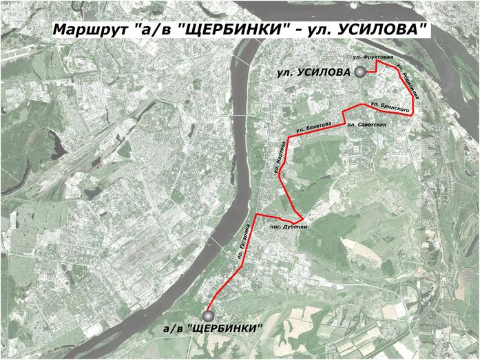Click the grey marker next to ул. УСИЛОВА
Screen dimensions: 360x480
tap(359, 72)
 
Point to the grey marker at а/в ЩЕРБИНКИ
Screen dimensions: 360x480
tap(209, 315)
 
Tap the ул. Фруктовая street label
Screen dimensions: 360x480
tap(372, 56)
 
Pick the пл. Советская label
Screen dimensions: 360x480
tap(366, 125)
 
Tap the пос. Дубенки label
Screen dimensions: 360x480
tap(288, 226)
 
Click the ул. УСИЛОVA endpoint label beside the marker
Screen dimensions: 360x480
tap(314, 72)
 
